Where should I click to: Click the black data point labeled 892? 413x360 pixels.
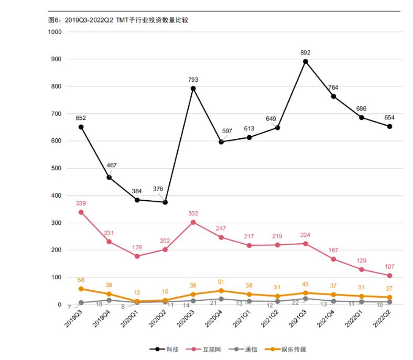click(306, 61)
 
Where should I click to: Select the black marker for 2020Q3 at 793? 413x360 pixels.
click(193, 89)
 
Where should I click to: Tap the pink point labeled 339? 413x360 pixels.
click(81, 212)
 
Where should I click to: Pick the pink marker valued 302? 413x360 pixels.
click(193, 222)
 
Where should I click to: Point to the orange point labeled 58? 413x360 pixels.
click(81, 289)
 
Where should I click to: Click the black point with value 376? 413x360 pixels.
click(165, 202)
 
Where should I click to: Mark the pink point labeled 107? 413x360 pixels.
click(389, 276)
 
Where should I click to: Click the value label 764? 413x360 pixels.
click(334, 88)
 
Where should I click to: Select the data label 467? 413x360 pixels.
click(112, 165)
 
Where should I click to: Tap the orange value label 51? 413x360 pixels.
click(221, 282)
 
